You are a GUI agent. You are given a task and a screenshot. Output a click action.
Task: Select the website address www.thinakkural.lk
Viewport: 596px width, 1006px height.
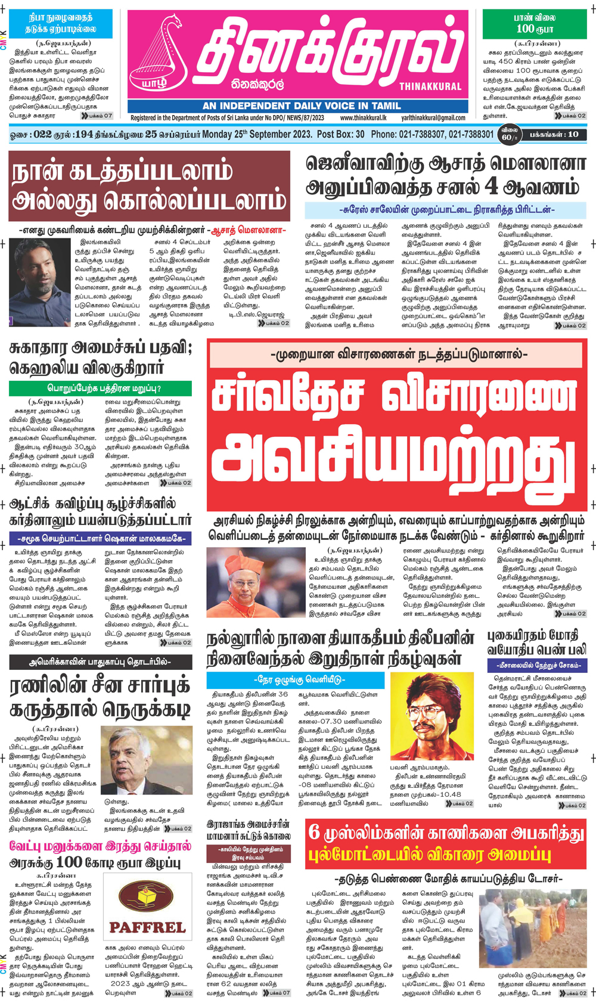(363, 118)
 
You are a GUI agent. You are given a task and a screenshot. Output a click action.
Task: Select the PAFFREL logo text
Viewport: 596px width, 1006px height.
(147, 928)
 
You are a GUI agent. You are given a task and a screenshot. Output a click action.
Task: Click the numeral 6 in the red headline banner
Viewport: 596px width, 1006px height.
(315, 833)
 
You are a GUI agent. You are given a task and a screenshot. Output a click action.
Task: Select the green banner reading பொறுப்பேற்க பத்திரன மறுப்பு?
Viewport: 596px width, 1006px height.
(100, 389)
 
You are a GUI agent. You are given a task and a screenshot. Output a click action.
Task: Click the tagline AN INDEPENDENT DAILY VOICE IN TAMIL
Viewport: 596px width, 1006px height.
(302, 106)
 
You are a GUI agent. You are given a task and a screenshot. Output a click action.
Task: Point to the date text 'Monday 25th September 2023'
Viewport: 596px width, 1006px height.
(257, 134)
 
